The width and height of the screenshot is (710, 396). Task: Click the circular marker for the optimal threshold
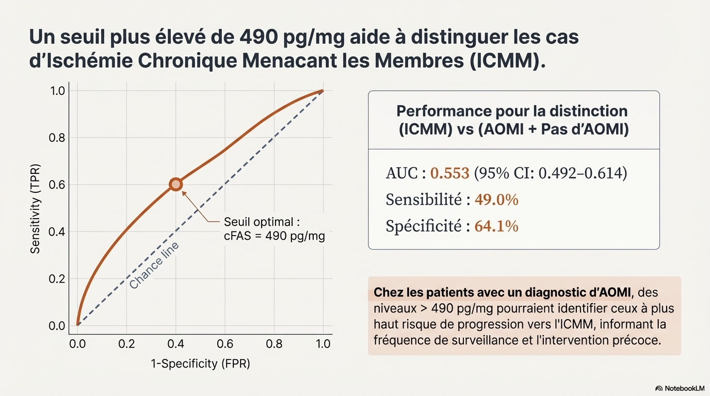176,185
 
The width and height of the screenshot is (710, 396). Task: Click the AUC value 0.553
449,173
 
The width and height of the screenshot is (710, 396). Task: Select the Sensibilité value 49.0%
496,200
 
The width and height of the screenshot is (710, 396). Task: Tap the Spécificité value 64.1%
496,226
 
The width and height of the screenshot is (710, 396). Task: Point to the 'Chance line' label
154,265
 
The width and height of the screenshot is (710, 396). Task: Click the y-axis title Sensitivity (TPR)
35,209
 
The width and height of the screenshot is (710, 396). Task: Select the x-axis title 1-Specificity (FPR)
200,364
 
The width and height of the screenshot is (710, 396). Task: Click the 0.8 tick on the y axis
57,138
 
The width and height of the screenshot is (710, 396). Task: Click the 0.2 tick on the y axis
57,279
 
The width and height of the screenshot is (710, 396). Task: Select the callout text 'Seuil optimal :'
262,223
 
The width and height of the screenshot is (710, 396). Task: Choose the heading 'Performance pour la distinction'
512,111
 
